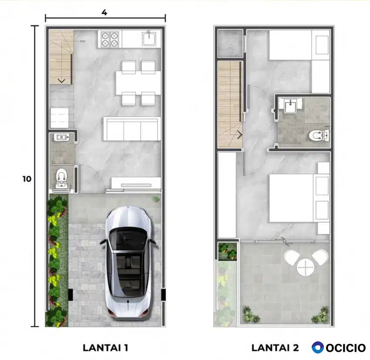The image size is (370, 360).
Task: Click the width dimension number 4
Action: [104, 13]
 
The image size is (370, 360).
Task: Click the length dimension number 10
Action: [27, 179]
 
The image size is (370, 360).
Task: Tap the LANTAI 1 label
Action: [105, 347]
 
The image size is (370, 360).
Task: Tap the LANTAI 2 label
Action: [275, 347]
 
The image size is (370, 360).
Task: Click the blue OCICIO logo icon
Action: [318, 347]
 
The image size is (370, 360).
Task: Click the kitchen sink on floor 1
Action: [149, 39]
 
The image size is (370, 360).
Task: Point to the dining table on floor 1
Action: [138, 83]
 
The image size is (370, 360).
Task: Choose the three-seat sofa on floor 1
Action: [131, 129]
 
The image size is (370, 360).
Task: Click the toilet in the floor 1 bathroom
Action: [62, 178]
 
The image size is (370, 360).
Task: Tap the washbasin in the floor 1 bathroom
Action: [61, 137]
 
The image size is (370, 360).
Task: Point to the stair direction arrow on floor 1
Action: [61, 81]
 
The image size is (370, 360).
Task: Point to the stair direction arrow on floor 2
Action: [240, 135]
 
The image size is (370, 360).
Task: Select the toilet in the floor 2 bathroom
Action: [319, 136]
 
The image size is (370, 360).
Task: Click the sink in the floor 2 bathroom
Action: [290, 106]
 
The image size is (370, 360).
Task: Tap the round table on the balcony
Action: [306, 268]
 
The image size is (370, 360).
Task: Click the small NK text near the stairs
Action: [83, 41]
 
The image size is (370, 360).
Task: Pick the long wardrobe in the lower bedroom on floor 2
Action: [227, 195]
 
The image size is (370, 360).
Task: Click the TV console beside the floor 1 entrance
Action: [136, 183]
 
